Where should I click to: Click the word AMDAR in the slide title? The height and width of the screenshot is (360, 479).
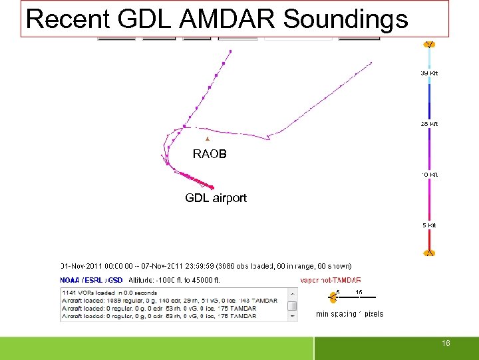click(226, 19)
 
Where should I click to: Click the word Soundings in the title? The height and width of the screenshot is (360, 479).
click(345, 19)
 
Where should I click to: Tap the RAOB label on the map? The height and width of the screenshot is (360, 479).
click(210, 154)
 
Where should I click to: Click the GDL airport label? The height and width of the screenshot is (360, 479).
click(216, 198)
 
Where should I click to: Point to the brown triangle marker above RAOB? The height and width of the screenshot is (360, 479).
click(207, 139)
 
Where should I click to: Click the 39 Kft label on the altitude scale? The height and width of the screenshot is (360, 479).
click(429, 73)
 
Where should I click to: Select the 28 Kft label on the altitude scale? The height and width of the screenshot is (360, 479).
click(429, 124)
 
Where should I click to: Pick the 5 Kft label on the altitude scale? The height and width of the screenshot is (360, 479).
click(429, 225)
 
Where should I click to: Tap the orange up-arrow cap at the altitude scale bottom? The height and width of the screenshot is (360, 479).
click(430, 253)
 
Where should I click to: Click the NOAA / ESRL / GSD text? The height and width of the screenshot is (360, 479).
click(91, 281)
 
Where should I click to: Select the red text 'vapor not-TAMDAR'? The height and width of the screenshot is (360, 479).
click(331, 281)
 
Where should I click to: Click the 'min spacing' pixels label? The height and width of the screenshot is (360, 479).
click(349, 314)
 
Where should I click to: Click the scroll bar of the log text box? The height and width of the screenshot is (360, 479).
click(292, 305)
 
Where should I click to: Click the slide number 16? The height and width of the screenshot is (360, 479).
click(446, 343)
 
